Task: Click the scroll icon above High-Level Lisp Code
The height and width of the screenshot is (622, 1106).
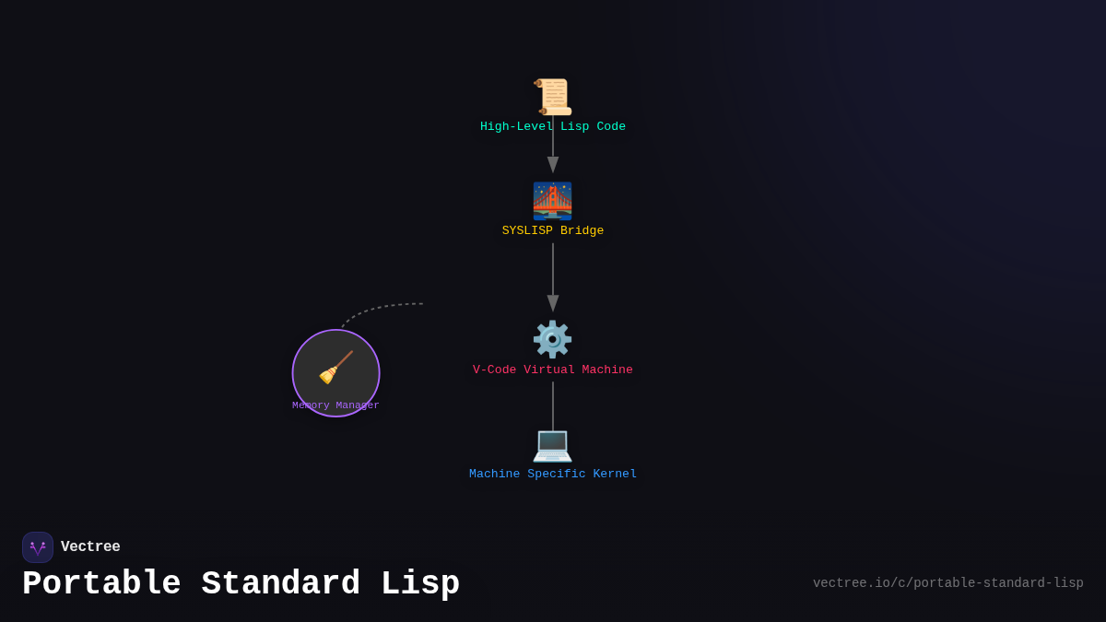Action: click(x=552, y=97)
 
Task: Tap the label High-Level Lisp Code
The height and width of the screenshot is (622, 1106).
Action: click(x=553, y=127)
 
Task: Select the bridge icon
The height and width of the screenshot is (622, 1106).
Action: click(x=552, y=201)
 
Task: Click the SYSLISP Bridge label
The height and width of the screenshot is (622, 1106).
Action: click(x=553, y=231)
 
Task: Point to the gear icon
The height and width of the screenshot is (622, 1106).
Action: click(x=552, y=339)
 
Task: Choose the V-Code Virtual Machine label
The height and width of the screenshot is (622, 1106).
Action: click(x=553, y=370)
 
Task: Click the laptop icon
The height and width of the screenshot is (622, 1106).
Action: click(x=552, y=444)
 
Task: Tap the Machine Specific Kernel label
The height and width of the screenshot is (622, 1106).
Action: click(x=553, y=475)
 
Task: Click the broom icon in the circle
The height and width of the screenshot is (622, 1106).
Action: click(x=335, y=368)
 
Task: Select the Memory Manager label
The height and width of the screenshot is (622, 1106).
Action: click(x=335, y=405)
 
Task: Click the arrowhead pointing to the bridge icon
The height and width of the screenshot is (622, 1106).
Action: click(x=553, y=165)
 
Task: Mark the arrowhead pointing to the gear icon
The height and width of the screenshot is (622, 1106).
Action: click(x=553, y=303)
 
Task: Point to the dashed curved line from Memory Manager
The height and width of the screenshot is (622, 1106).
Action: click(x=378, y=309)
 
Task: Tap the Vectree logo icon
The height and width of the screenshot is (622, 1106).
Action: click(x=38, y=547)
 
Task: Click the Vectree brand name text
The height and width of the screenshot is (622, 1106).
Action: click(x=90, y=547)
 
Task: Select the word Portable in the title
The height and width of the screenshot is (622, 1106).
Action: click(x=101, y=584)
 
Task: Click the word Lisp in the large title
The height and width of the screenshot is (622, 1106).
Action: click(x=420, y=584)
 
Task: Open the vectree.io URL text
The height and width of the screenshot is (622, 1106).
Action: click(x=947, y=583)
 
